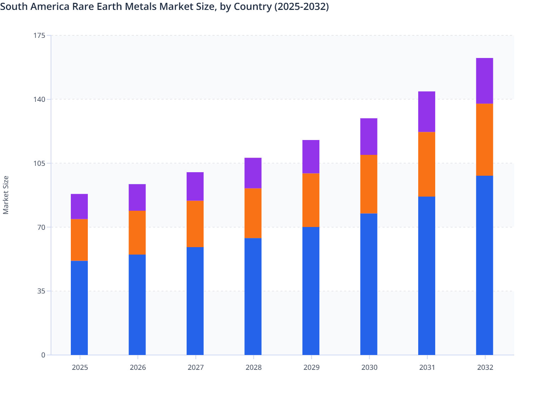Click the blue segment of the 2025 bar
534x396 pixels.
click(79, 308)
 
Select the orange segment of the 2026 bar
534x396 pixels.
click(137, 232)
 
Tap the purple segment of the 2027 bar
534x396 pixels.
click(195, 186)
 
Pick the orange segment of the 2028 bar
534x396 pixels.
click(253, 213)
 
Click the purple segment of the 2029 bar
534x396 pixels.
click(311, 157)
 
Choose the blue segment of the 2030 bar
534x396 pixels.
click(369, 284)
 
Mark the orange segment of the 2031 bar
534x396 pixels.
click(427, 164)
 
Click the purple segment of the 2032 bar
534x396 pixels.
click(484, 81)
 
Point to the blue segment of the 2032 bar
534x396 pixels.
click(484, 265)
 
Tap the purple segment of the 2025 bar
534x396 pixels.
click(79, 206)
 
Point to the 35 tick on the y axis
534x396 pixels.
click(42, 291)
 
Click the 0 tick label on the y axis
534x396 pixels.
click(43, 355)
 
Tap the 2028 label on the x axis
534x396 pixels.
click(254, 367)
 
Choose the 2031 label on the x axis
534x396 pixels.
click(427, 367)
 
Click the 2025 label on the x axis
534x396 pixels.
click(80, 367)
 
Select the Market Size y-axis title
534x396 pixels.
click(6, 195)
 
